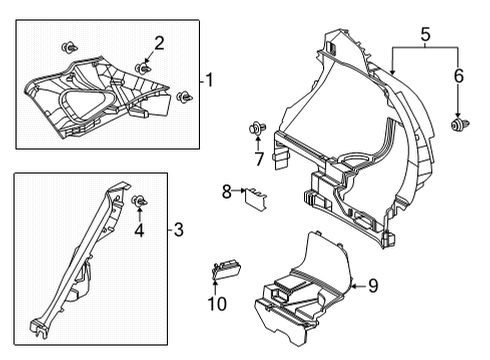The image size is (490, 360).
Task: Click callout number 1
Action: (x=211, y=78)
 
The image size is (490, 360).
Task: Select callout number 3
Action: (x=178, y=231)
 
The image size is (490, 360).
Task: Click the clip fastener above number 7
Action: (x=257, y=127)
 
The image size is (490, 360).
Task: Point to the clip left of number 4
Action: (x=140, y=203)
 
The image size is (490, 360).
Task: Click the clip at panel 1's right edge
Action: (x=184, y=97)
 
